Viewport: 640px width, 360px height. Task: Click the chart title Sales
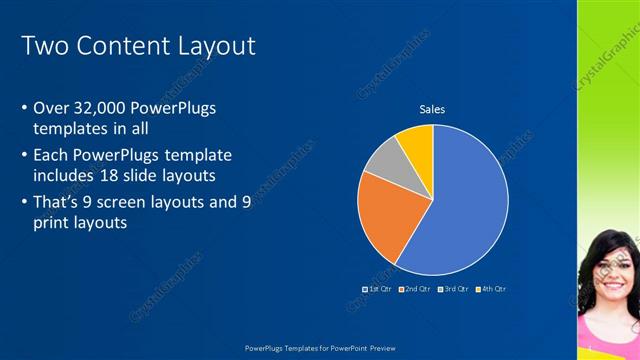[x=432, y=109]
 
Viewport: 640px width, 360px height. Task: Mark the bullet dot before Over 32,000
[x=24, y=107]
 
